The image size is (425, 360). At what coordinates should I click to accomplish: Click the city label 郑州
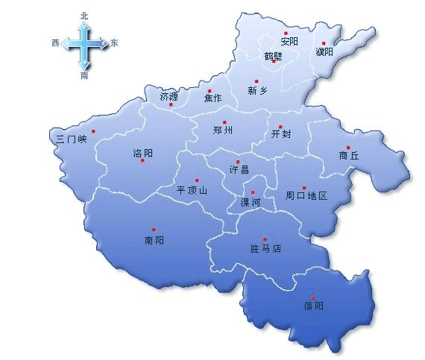coord(223,130)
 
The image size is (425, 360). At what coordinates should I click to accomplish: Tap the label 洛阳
coord(142,153)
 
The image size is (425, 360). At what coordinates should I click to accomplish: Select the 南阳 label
coord(154,240)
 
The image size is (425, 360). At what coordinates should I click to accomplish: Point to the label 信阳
coord(314,306)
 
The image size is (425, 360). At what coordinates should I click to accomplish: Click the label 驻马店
coord(265,248)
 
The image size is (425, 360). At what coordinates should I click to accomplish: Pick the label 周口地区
coord(306,196)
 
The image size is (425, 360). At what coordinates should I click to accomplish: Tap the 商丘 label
coord(348,156)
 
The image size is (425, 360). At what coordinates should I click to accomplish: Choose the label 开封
coord(282,135)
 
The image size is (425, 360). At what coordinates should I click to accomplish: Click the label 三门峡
coord(72,138)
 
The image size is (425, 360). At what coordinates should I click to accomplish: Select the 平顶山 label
coord(192,190)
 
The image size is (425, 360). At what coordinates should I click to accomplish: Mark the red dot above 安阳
coord(286,33)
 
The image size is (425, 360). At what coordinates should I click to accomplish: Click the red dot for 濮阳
coord(324,43)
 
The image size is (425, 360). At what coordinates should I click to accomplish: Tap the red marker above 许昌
coord(238,162)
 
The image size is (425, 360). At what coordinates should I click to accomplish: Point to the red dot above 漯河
coord(253,193)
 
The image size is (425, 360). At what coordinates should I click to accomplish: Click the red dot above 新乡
coord(256,81)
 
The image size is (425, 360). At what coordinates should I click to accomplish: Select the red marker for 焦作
coord(210,91)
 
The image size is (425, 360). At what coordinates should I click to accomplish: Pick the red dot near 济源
coord(171,104)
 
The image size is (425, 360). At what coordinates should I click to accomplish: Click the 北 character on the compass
coord(84,15)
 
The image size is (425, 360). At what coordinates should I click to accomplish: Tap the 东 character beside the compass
coord(113,43)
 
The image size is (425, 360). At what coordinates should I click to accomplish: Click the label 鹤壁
coord(273,55)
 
